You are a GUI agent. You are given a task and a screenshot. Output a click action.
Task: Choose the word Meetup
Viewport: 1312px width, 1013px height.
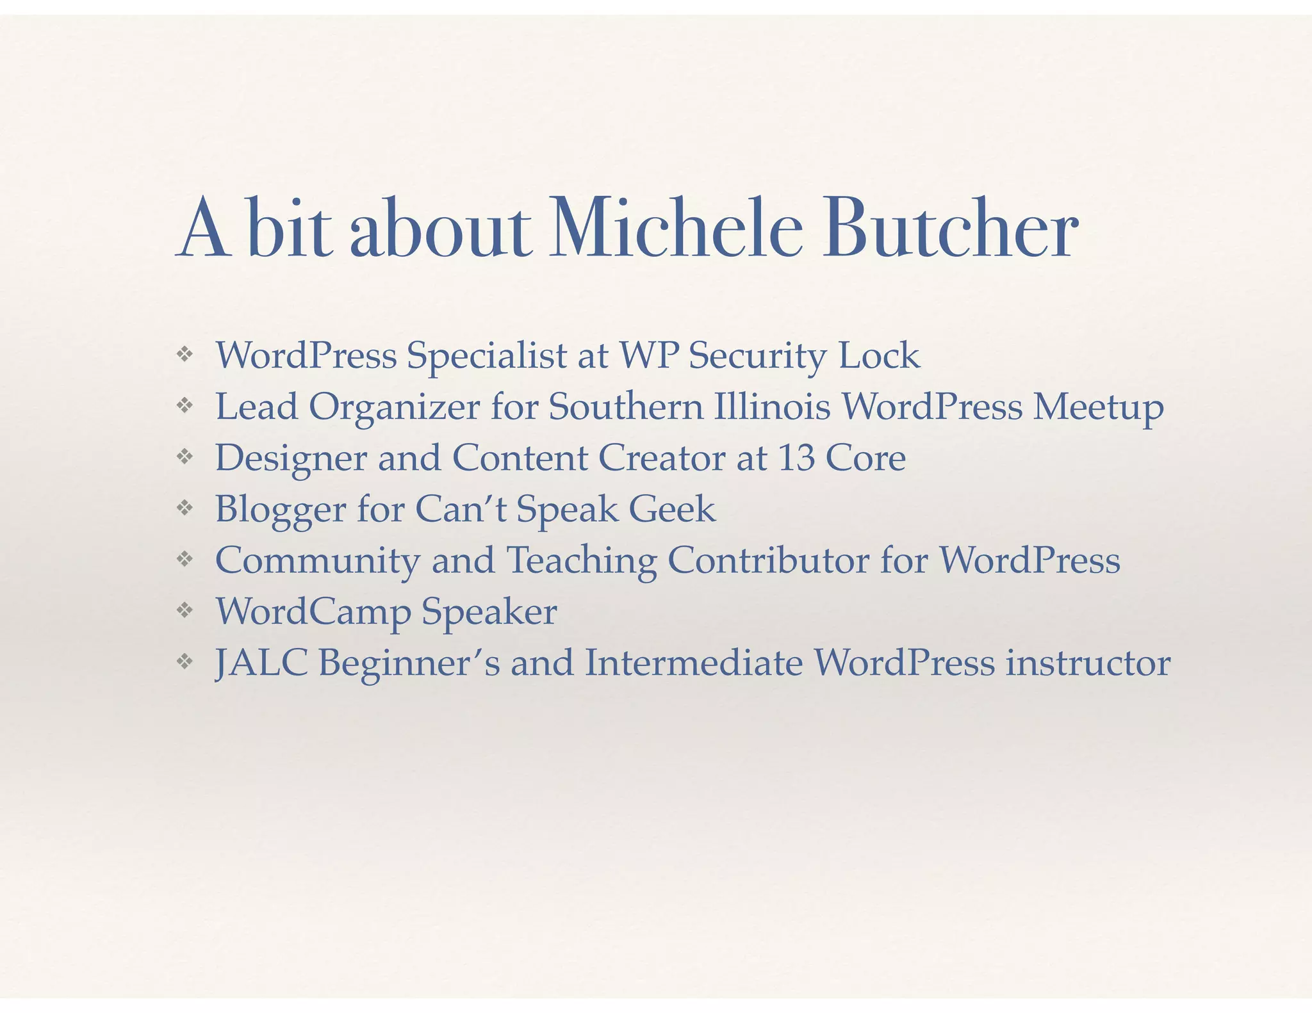[1098, 408]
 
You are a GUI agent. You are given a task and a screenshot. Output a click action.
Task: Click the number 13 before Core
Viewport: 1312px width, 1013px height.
[796, 458]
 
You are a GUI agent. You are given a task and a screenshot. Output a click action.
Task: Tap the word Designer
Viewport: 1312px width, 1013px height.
[291, 459]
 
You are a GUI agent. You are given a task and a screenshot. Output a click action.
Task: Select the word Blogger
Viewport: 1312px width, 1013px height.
[280, 510]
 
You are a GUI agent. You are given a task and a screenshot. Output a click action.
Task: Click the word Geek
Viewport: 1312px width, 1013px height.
[671, 509]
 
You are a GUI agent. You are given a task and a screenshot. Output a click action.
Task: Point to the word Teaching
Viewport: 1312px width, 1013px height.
[582, 562]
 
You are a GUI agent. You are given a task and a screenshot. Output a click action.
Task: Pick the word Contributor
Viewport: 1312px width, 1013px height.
[768, 560]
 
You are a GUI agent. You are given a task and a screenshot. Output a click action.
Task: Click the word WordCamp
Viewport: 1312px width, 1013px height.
[313, 613]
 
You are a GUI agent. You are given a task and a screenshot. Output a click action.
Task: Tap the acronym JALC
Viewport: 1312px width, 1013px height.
[261, 663]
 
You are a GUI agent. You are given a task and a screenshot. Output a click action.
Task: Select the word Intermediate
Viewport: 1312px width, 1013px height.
[694, 663]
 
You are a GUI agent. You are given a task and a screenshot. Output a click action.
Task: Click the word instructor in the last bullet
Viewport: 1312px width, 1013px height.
[1088, 663]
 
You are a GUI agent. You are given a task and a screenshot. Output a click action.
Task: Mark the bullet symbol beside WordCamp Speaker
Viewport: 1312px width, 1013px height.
[184, 610]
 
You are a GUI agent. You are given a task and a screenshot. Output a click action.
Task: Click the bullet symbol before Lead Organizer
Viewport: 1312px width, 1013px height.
[184, 405]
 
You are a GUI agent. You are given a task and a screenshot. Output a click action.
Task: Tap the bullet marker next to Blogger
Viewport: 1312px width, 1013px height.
[184, 508]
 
